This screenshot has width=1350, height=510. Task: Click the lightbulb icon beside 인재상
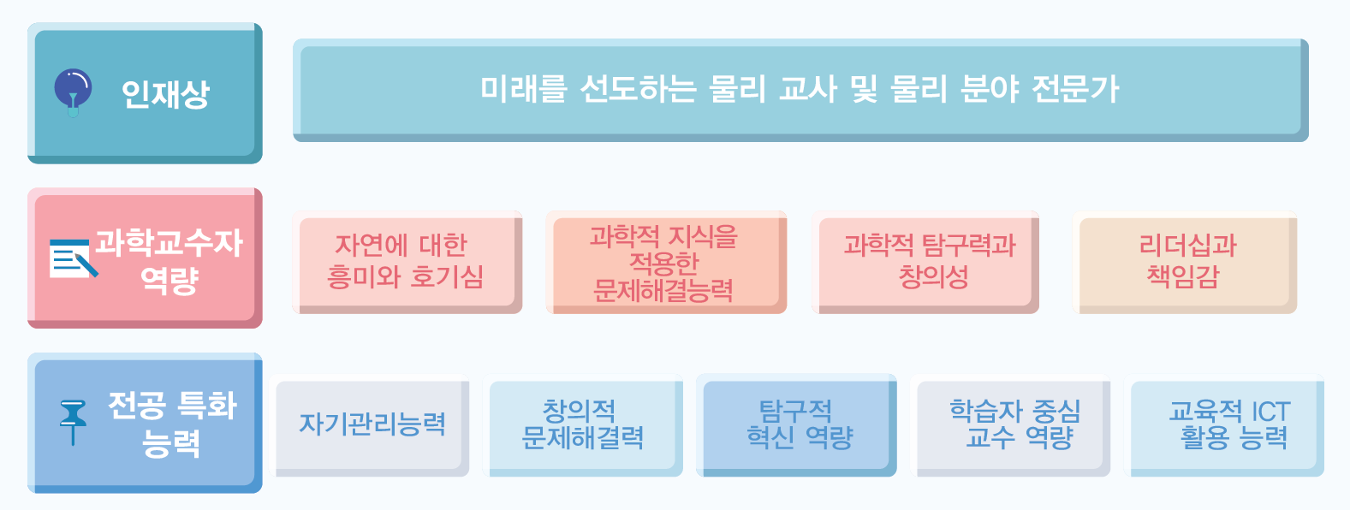click(73, 92)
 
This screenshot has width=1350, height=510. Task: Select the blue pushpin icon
click(73, 422)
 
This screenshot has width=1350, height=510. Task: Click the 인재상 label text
click(165, 94)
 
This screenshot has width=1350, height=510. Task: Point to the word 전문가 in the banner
click(1075, 89)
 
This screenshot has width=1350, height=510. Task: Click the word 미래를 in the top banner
click(523, 89)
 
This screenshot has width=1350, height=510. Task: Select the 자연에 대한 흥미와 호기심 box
click(407, 263)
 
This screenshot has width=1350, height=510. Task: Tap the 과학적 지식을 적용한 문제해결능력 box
click(666, 263)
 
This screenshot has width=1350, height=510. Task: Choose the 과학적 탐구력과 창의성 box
click(925, 263)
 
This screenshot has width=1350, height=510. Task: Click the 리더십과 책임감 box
click(1185, 263)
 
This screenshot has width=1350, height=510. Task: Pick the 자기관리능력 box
click(370, 425)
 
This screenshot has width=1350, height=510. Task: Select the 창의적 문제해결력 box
click(583, 425)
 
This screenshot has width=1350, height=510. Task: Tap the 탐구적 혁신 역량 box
click(796, 425)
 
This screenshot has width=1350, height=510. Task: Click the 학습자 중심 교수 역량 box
click(1010, 425)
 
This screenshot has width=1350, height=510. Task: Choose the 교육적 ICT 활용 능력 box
click(1224, 425)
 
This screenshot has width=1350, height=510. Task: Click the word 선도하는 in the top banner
click(638, 89)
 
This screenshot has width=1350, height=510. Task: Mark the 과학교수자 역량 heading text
click(168, 261)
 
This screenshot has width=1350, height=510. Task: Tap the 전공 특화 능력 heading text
click(172, 424)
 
